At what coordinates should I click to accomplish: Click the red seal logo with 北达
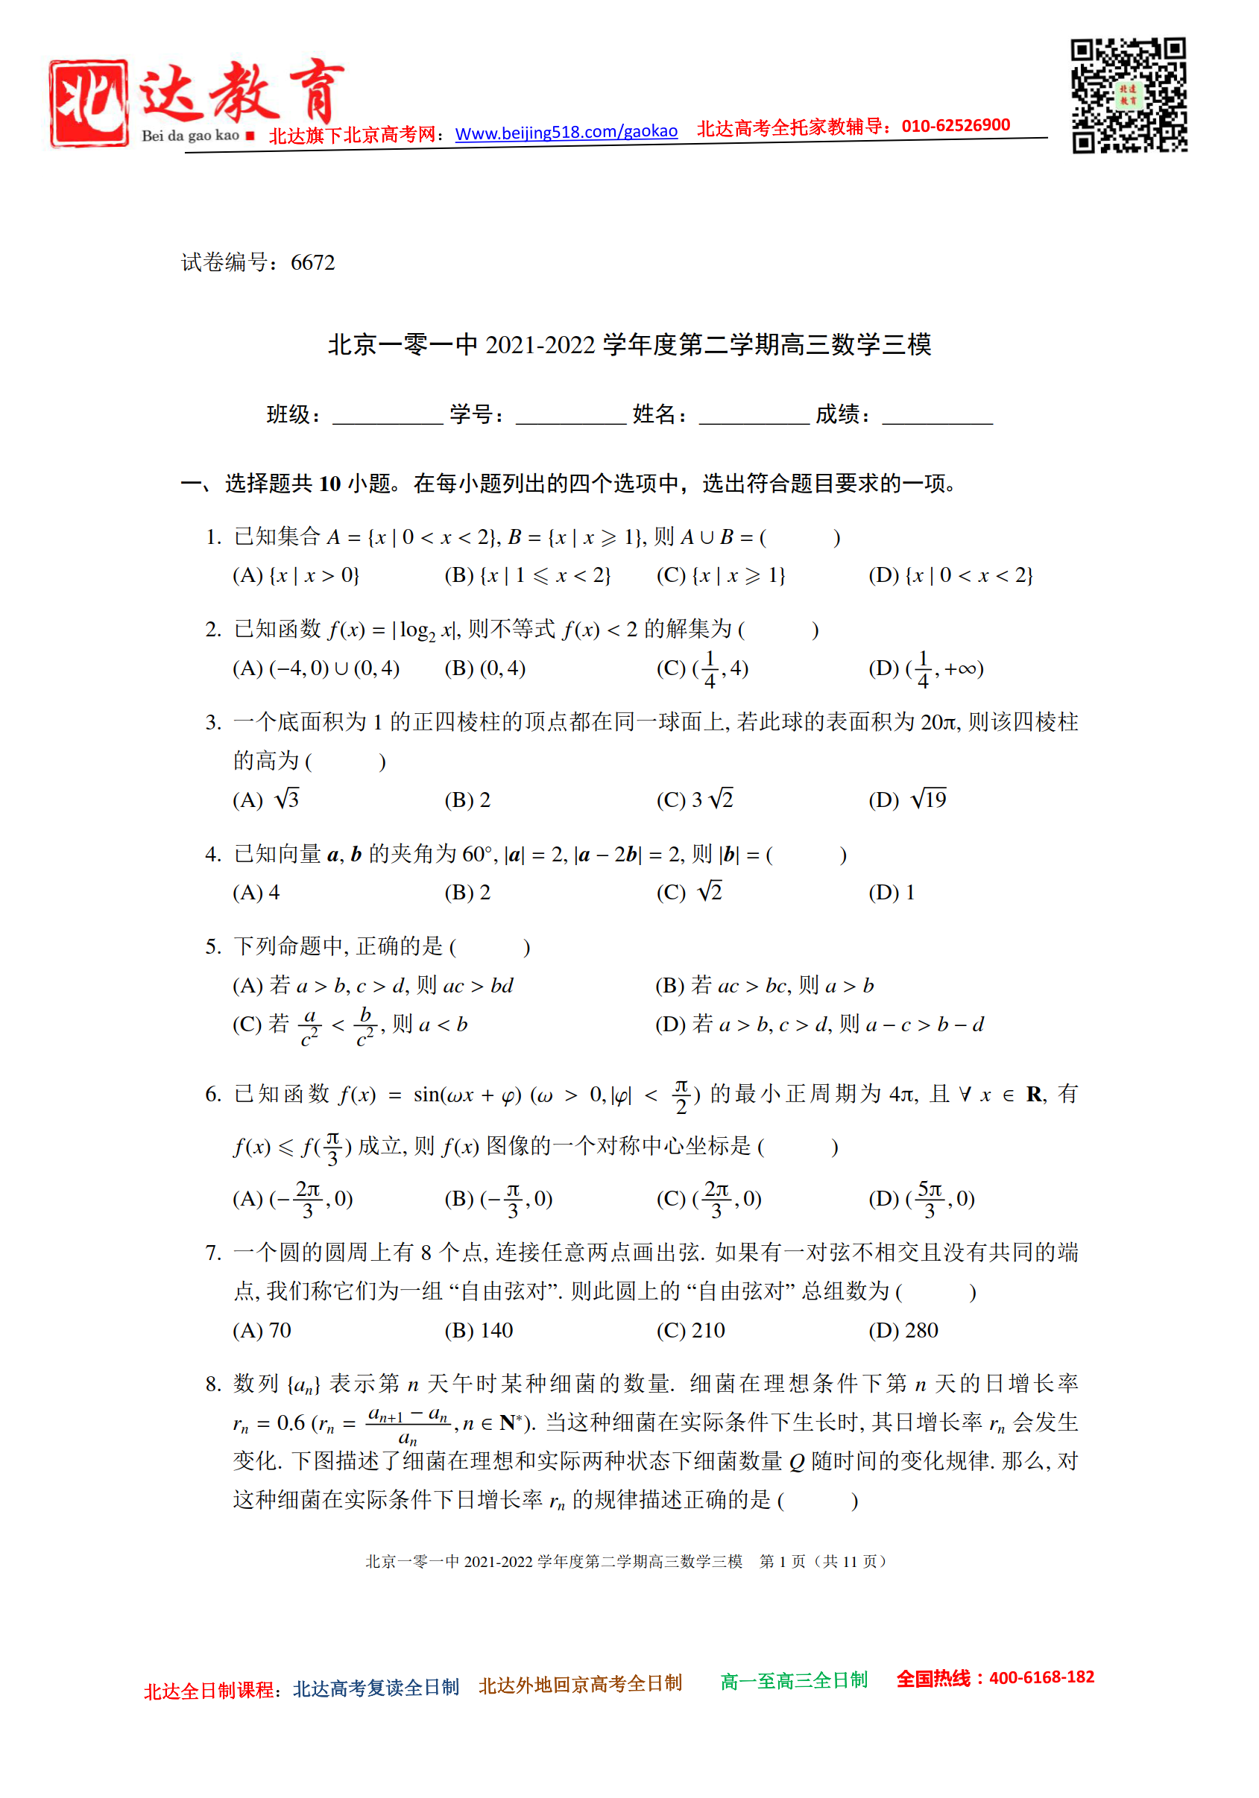[89, 103]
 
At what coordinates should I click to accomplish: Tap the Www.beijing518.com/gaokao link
[566, 132]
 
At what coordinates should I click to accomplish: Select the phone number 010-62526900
[955, 125]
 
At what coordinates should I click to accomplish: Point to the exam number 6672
[312, 262]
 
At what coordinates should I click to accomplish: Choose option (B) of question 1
[527, 575]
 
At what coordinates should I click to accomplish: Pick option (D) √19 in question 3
[907, 800]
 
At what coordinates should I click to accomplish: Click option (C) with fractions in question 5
[350, 1025]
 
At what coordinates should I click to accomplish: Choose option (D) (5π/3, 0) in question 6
[921, 1199]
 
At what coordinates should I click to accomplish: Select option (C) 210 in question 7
[690, 1331]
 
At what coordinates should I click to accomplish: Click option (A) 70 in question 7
[262, 1331]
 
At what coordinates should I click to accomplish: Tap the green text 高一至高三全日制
[794, 1680]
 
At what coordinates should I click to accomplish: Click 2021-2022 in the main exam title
[540, 344]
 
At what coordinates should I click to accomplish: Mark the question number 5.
[212, 947]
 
